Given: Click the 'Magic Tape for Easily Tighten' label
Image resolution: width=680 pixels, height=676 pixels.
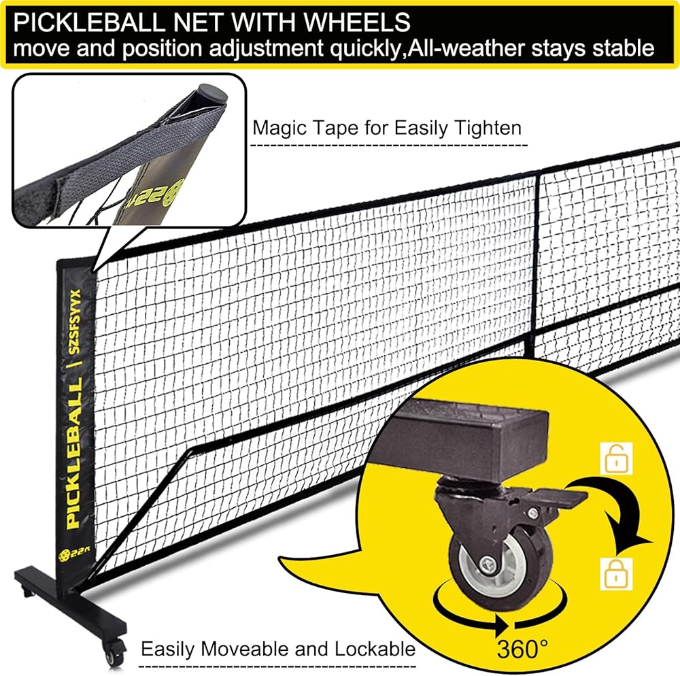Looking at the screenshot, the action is click(386, 128).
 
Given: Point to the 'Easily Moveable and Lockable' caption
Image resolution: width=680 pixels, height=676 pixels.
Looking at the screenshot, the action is click(277, 648).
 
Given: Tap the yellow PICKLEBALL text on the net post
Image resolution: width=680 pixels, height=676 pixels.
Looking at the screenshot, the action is click(73, 462).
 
